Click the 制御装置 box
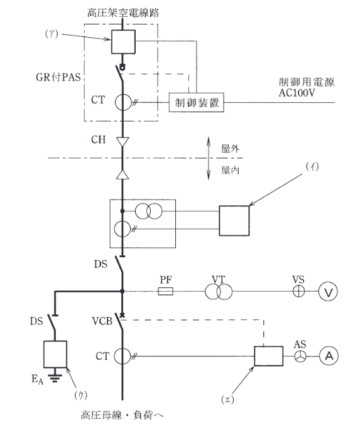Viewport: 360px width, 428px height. point(197,104)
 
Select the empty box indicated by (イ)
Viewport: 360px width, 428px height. point(234,219)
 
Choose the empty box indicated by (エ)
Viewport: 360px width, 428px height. point(265,356)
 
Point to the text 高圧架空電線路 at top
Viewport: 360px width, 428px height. point(121,13)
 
